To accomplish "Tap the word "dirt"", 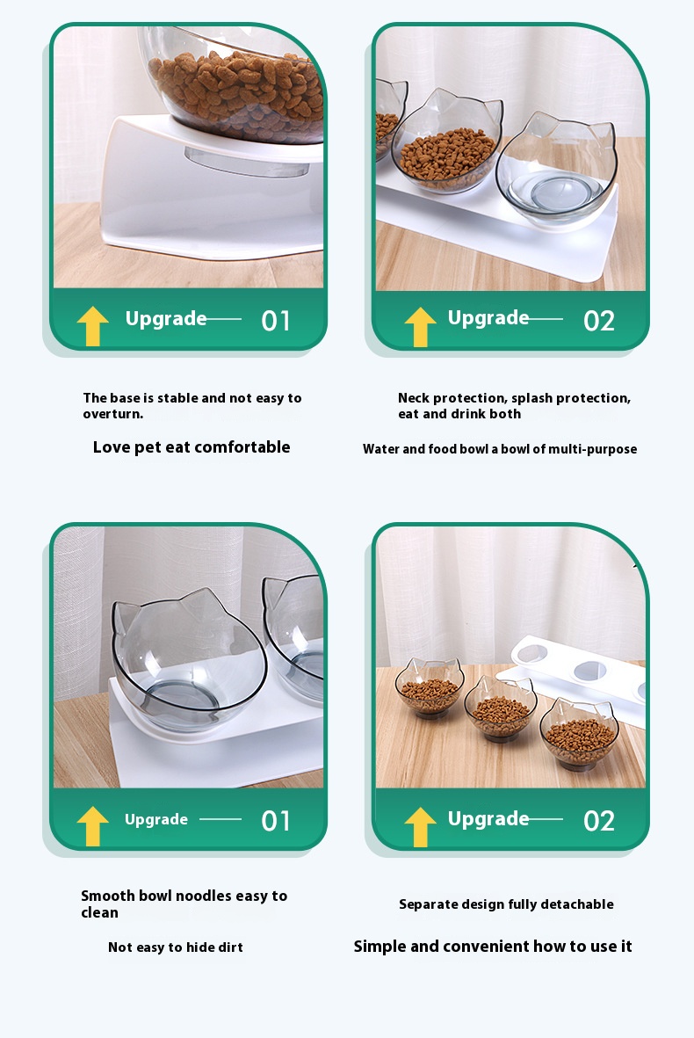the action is [230, 947].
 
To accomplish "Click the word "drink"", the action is [468, 414].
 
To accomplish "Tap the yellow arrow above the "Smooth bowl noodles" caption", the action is [92, 825].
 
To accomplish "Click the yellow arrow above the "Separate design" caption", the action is [420, 827].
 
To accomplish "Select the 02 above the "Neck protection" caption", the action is [599, 321].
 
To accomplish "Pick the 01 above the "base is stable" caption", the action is [276, 321].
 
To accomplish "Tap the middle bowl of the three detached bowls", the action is [500, 708].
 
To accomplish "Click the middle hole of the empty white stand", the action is [590, 671].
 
